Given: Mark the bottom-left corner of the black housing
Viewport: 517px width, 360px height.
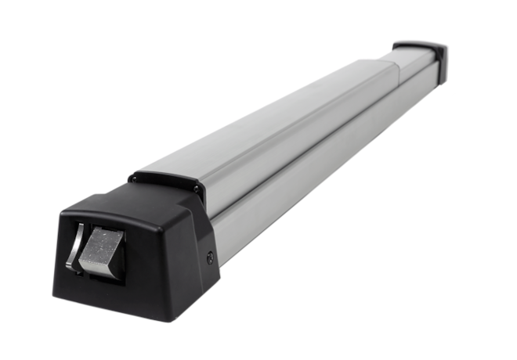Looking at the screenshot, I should pos(56,297).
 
